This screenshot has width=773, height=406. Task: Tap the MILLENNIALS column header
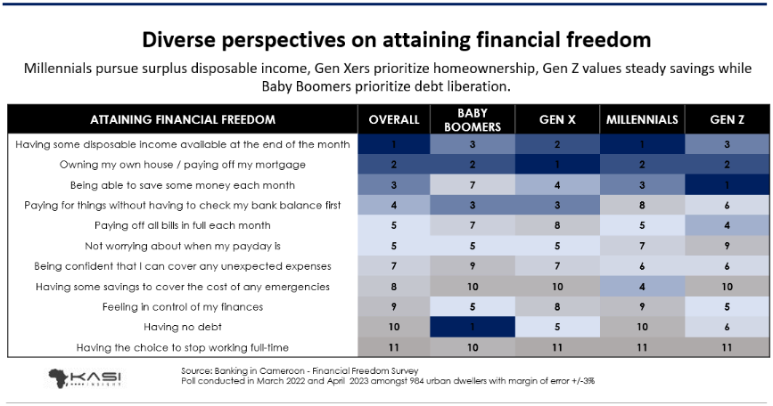642,118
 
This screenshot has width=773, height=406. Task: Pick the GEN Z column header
724,118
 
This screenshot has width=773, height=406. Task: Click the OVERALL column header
394,118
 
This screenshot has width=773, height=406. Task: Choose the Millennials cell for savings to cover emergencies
642,287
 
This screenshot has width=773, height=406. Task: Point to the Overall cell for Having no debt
394,327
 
